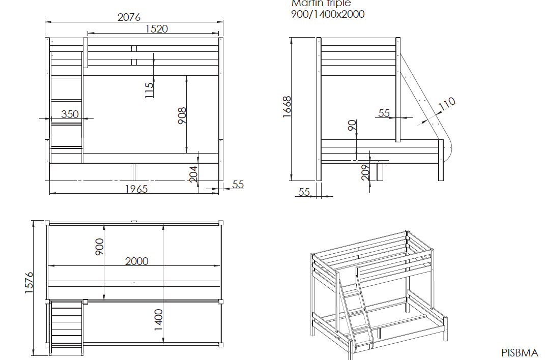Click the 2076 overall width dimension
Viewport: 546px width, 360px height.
click(x=129, y=17)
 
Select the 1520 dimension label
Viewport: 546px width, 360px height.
click(x=157, y=29)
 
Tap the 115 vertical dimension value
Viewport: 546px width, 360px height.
click(x=149, y=90)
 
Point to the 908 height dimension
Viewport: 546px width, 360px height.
click(x=183, y=115)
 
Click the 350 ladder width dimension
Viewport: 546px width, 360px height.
click(x=70, y=114)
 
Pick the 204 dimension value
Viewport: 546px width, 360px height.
click(x=193, y=173)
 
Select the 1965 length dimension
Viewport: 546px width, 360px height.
click(x=136, y=189)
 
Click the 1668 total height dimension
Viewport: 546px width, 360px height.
click(x=286, y=107)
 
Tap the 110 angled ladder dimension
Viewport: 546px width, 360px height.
click(x=446, y=104)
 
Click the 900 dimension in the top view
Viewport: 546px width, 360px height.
click(x=100, y=247)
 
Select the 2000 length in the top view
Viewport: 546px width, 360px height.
click(x=137, y=261)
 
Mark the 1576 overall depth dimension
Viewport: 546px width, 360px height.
click(x=29, y=282)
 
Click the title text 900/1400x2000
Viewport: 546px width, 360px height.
click(x=328, y=14)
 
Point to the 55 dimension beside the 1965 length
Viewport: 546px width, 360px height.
click(x=238, y=185)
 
